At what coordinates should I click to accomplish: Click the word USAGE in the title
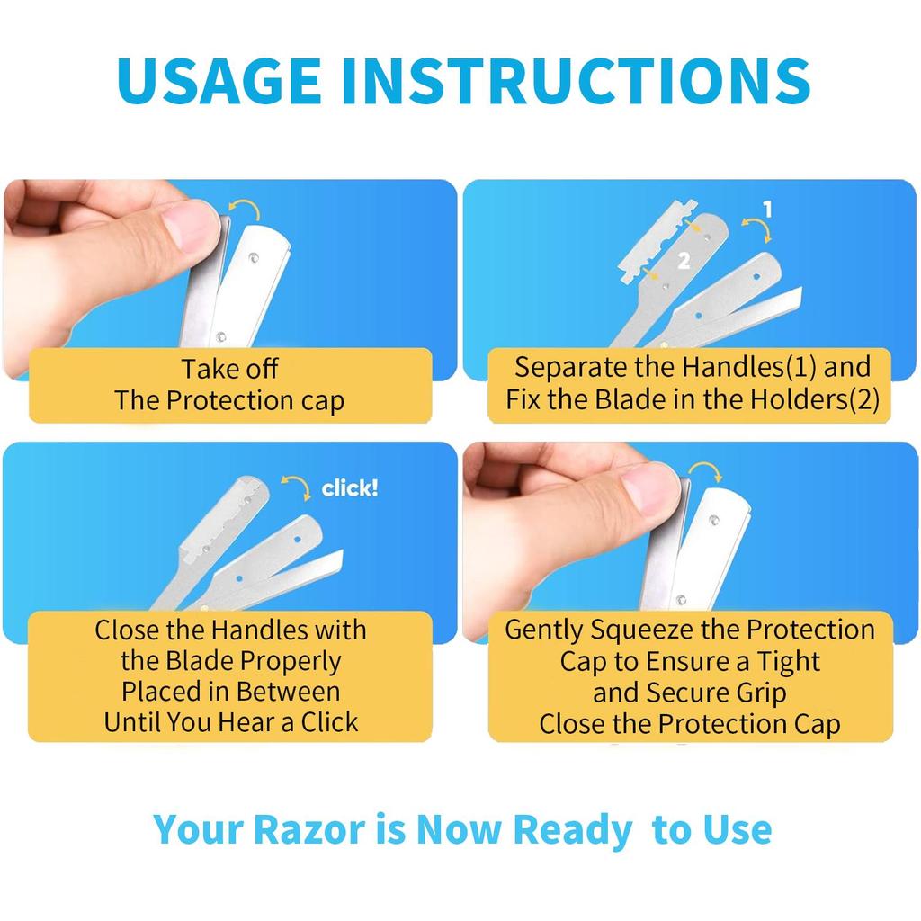219,80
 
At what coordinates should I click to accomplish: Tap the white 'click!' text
350,488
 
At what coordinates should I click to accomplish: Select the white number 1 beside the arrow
767,210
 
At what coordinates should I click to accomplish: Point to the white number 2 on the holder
684,261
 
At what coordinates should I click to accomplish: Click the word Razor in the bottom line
310,830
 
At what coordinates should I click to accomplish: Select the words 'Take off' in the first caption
229,369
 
